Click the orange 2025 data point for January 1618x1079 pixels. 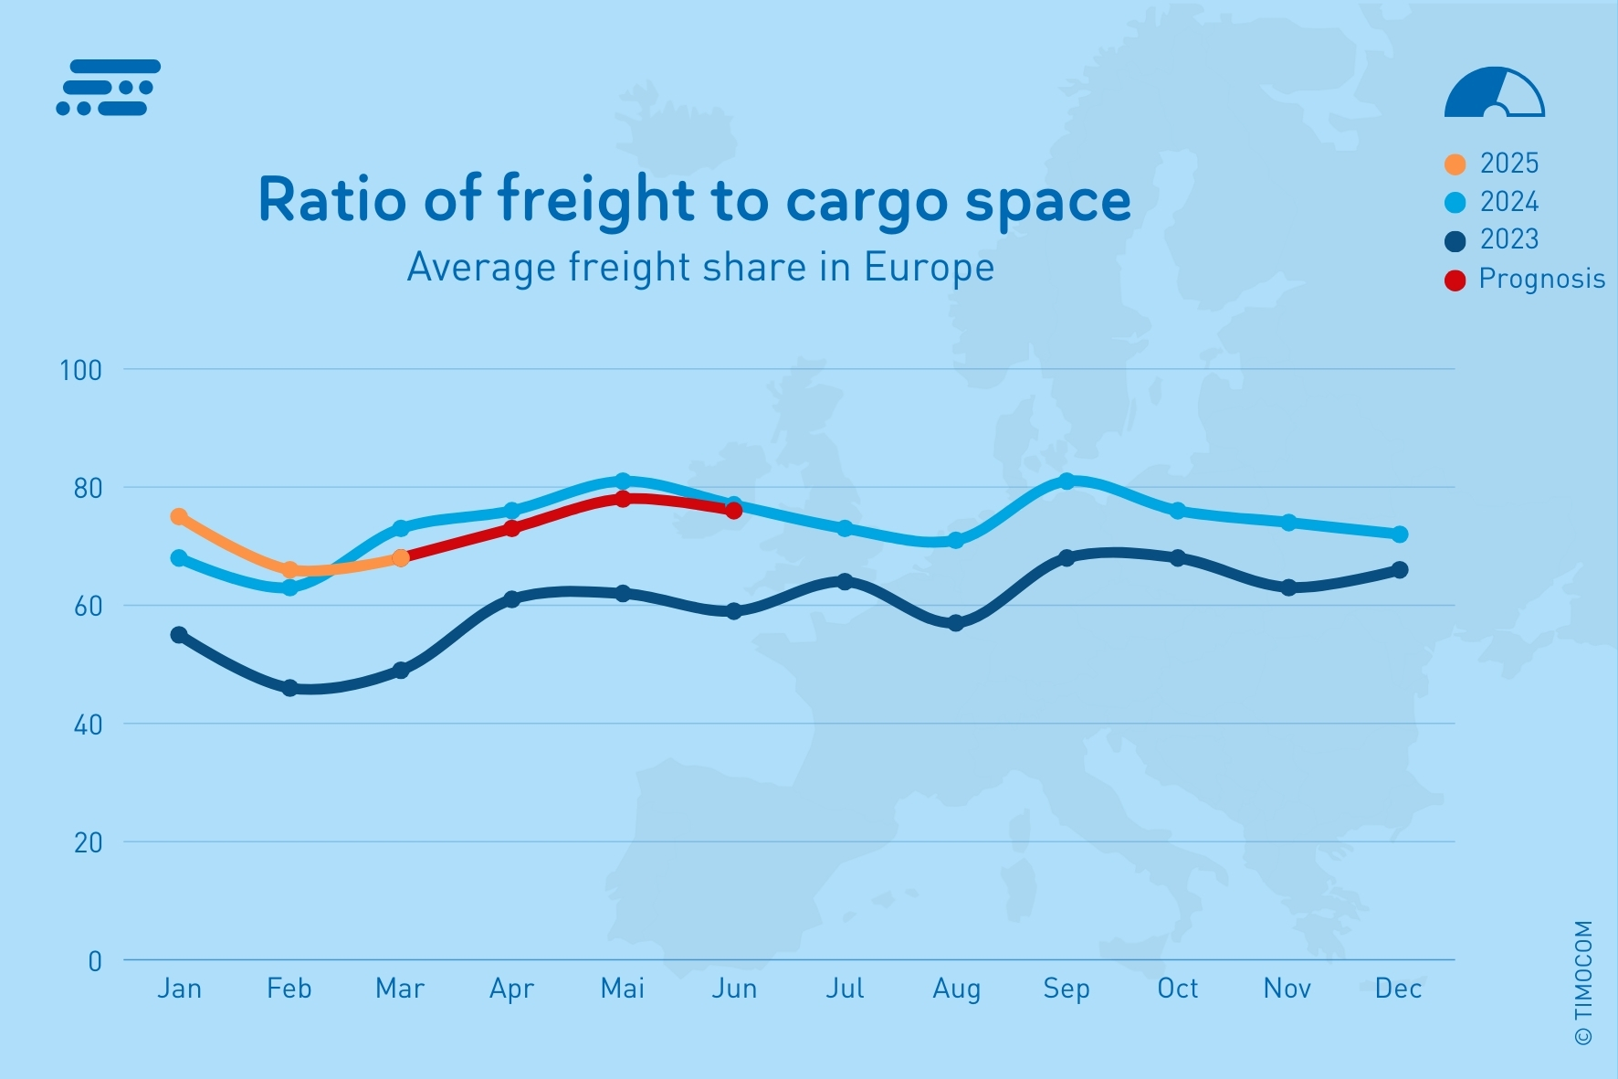click(179, 517)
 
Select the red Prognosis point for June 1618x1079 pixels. click(733, 511)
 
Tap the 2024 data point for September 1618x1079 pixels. click(1066, 481)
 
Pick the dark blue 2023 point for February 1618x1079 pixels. click(289, 688)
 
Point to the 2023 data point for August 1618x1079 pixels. click(956, 623)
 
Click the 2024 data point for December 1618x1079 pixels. click(1399, 534)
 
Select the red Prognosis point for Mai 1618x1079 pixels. click(623, 499)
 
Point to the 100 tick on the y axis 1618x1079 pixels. click(80, 370)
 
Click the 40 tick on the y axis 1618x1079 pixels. click(87, 725)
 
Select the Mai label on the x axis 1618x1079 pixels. click(623, 989)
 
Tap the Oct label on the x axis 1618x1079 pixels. click(1177, 989)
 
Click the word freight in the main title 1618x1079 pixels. click(596, 200)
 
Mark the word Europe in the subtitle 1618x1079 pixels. click(929, 268)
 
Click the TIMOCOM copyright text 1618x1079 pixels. click(1583, 982)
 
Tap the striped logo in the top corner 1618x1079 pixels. click(108, 88)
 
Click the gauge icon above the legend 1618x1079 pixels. click(1494, 93)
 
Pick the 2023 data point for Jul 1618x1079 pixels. click(845, 582)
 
